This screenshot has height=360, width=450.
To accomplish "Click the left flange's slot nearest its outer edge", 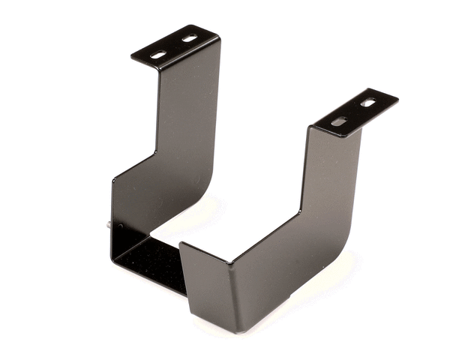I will [158, 54].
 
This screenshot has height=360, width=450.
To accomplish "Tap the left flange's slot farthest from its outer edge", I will [190, 38].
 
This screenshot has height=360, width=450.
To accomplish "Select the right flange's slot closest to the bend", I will [339, 121].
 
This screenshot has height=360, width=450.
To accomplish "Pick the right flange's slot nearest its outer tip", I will [368, 102].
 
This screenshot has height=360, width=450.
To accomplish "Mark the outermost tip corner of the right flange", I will [397, 97].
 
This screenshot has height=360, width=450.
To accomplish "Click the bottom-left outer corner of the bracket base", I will [112, 259].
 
